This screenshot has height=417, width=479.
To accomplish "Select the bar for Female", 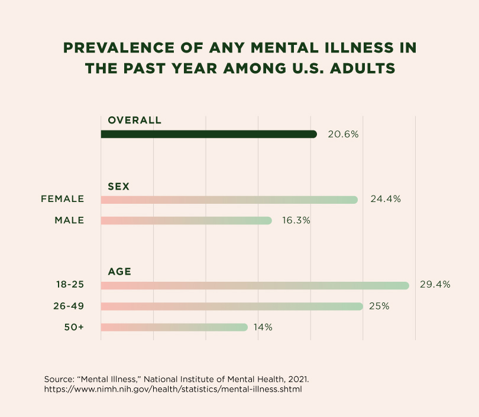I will coord(229,200).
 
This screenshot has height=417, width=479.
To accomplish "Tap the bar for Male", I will coord(186,220).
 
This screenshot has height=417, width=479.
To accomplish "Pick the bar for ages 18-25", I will coord(255,285).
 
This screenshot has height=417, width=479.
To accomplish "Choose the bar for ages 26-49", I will coord(232,306).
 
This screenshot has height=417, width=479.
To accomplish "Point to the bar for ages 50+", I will coord(174,327).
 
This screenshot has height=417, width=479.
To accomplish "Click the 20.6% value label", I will coord(344,134).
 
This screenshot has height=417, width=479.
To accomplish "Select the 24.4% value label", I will coord(386,200).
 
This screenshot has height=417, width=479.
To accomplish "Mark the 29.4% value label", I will coord(435,285).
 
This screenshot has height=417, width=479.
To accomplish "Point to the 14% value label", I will coord(264,327).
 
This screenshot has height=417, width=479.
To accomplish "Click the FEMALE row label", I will coord(62,199).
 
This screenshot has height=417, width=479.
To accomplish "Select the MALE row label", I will coord(69,220).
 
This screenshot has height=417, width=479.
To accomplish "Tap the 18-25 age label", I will coord(70,285).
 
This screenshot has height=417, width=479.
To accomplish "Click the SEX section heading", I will coord(118,187).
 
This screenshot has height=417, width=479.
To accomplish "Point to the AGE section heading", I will coord(119,272).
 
